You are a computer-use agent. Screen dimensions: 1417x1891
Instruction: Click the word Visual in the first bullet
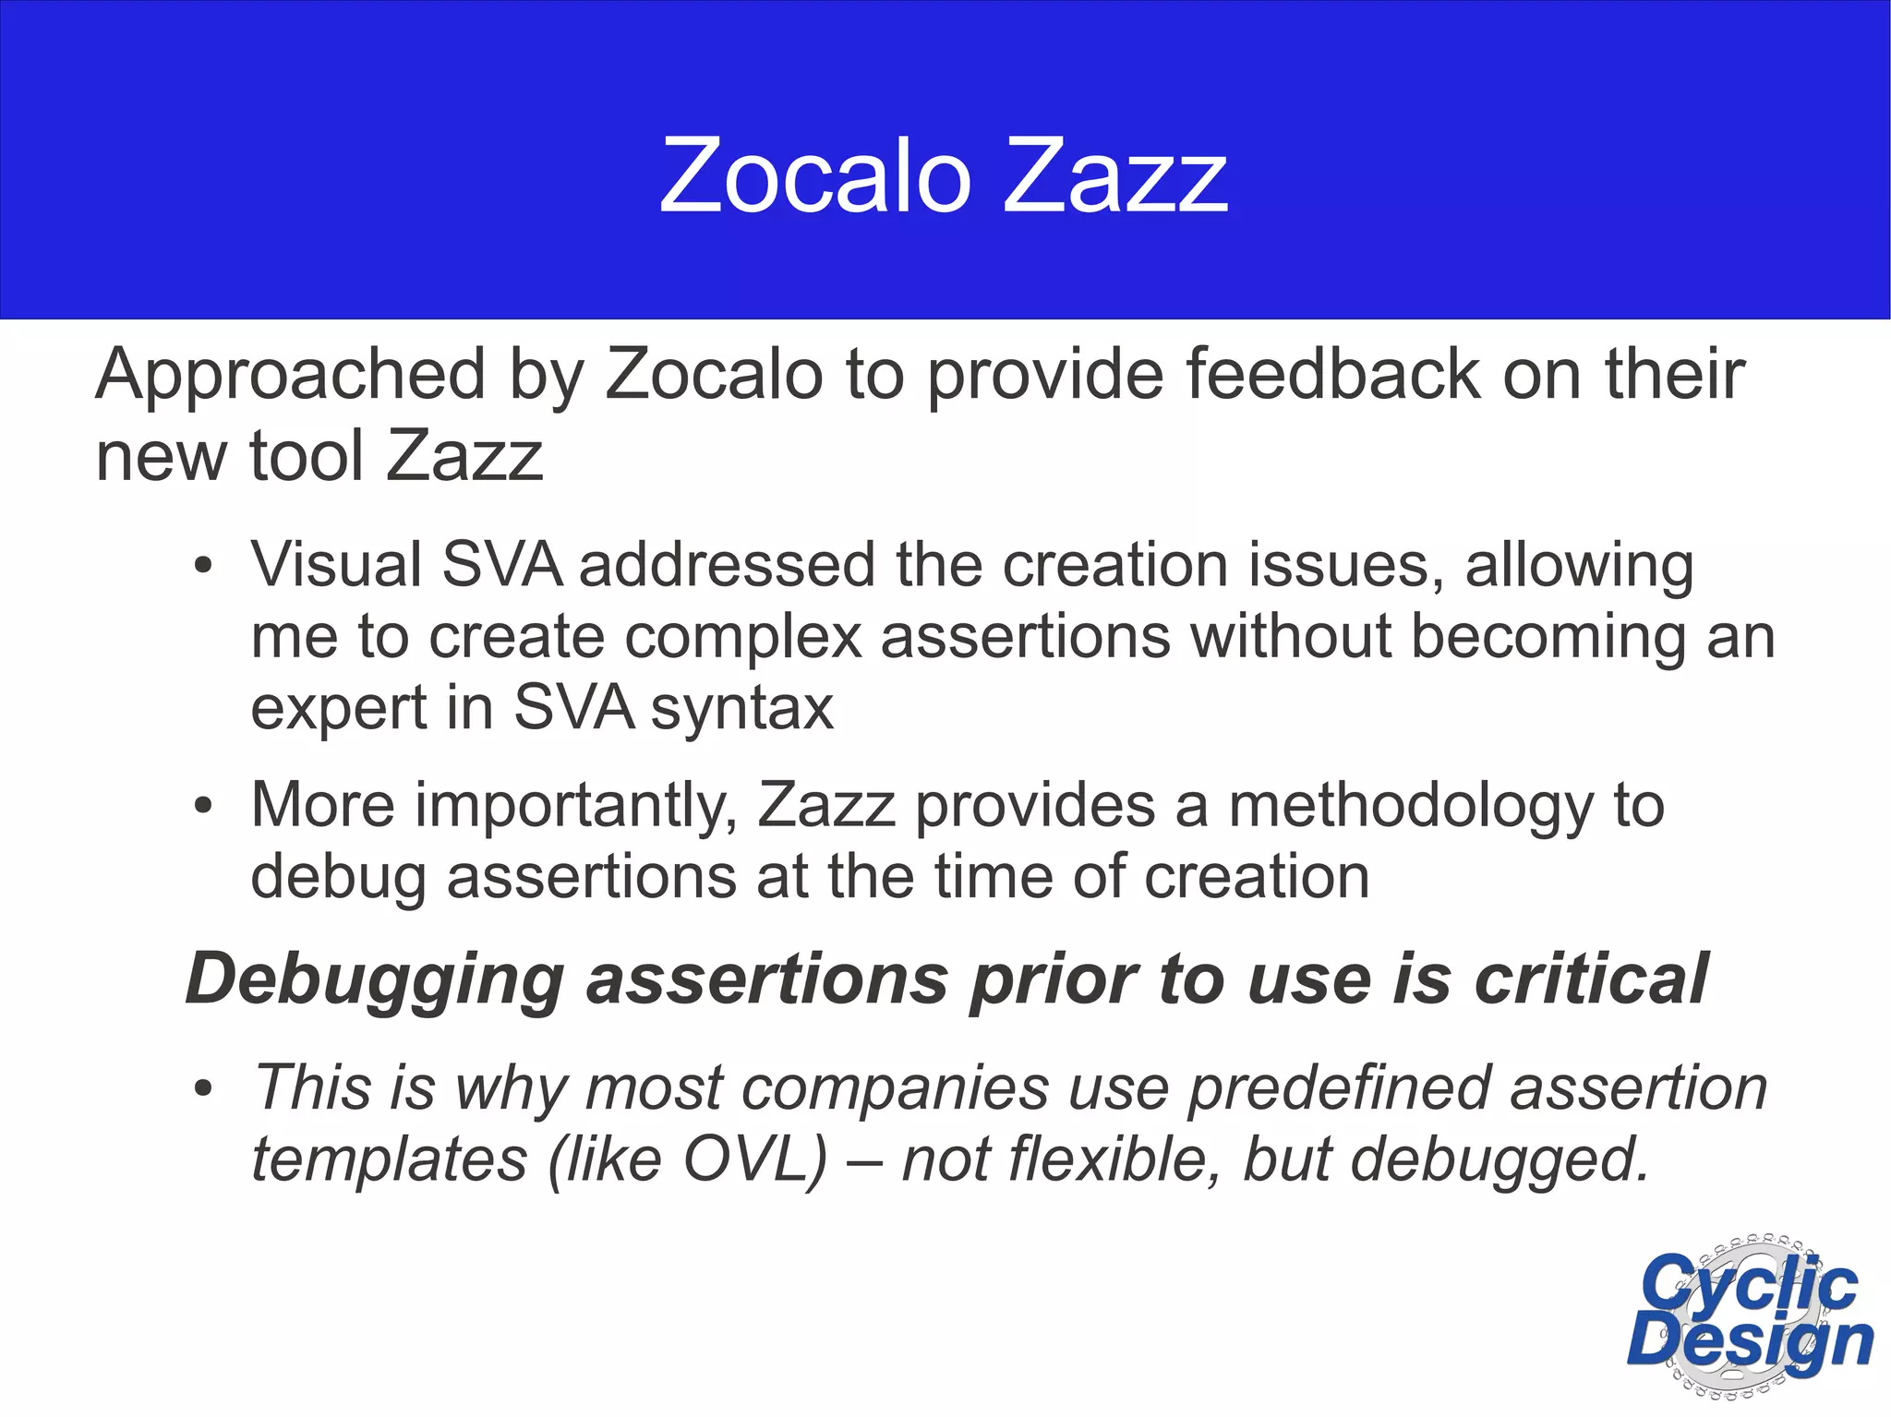point(336,565)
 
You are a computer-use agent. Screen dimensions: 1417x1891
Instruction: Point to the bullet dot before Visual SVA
point(204,566)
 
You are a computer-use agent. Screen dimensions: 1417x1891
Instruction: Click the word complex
point(742,637)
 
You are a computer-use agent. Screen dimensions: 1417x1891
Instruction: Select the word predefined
point(1339,1088)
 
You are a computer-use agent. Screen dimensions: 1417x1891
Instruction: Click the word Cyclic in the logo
point(1750,1284)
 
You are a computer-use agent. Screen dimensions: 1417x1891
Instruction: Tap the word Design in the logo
point(1750,1344)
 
